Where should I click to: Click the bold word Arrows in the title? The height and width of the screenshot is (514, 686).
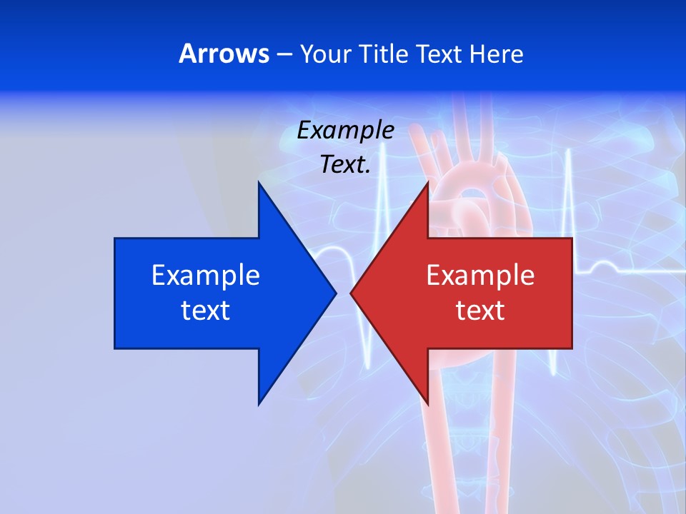tap(223, 54)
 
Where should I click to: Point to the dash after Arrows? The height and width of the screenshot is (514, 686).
tap(284, 54)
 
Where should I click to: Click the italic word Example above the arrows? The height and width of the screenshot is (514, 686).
tap(346, 130)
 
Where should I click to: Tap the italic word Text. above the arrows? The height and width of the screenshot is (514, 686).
tap(346, 165)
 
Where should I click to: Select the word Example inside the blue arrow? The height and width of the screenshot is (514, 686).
tap(206, 276)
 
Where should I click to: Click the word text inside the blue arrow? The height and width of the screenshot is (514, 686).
tap(206, 311)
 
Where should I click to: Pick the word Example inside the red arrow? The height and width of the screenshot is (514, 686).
tap(480, 276)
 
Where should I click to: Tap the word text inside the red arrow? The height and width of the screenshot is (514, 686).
tap(480, 311)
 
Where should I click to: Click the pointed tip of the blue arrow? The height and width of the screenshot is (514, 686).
tap(335, 293)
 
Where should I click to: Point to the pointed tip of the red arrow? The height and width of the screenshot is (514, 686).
tap(352, 293)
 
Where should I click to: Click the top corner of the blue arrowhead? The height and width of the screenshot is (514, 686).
tap(259, 183)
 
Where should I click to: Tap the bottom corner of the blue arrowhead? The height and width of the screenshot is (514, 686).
tap(259, 404)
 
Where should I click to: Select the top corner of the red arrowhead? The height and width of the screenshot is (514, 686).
tap(427, 183)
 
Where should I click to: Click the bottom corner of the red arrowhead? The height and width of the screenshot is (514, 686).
tap(427, 404)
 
